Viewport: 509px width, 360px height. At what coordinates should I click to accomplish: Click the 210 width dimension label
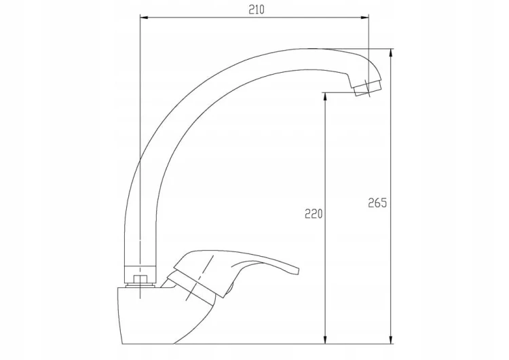[257, 10]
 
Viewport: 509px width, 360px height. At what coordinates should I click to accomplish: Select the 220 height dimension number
[314, 214]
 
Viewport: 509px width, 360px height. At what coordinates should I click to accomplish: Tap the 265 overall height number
[377, 202]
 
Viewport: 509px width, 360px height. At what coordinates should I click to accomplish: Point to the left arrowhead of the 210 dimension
[144, 18]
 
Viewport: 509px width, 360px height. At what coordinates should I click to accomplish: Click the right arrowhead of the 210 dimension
[365, 18]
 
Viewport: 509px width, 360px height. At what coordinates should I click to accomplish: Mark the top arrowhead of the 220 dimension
[325, 97]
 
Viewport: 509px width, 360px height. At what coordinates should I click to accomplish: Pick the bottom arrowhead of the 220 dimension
[325, 339]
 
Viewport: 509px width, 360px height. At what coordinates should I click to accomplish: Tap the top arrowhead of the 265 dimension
[391, 53]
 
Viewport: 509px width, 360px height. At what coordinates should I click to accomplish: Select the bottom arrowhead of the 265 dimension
[391, 339]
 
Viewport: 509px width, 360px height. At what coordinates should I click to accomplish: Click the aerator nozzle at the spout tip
[368, 88]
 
